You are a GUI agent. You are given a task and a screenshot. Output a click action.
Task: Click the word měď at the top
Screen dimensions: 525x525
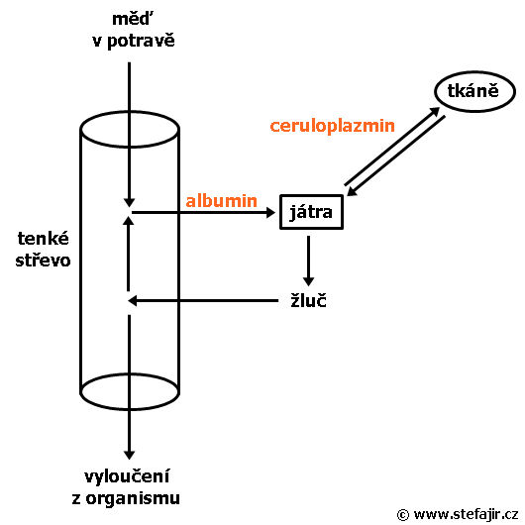[x=132, y=19]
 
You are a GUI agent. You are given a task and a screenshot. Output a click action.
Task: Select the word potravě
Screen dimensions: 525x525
[x=141, y=41]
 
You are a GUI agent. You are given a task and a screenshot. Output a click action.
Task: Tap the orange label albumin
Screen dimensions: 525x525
[x=221, y=201]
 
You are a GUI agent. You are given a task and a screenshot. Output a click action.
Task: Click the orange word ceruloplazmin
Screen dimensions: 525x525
[x=333, y=126]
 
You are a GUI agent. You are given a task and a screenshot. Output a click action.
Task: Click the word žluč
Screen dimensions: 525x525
[x=308, y=300]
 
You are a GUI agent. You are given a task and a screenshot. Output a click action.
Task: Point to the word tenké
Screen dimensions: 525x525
[x=44, y=239]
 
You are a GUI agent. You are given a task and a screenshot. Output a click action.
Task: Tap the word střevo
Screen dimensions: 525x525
[x=44, y=261]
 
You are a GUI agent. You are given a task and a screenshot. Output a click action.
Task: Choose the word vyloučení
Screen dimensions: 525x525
[x=127, y=476]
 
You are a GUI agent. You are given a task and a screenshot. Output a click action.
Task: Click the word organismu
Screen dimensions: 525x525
[x=133, y=498]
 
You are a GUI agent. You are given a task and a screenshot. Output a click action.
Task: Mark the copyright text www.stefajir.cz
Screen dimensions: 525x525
[x=466, y=514]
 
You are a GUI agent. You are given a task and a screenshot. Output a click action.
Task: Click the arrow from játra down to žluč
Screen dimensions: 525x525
[x=308, y=261]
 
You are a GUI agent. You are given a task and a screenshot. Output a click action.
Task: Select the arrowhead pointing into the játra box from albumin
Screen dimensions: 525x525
[x=270, y=212]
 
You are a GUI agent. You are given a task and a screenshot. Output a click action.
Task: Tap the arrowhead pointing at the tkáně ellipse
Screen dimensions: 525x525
[x=435, y=111]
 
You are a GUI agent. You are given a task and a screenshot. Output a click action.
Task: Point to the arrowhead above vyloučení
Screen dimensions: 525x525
[x=129, y=455]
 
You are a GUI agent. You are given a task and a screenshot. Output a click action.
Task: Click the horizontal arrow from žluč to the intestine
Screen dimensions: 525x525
[x=203, y=301]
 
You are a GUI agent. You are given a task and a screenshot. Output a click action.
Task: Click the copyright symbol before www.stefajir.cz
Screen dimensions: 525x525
[x=403, y=515]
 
